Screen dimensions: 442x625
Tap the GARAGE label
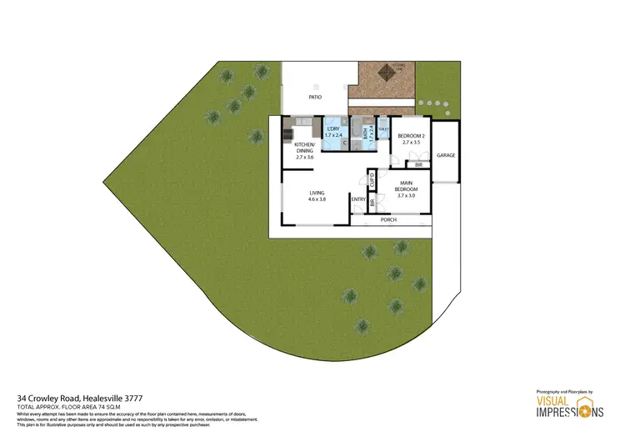pyautogui.click(x=446, y=156)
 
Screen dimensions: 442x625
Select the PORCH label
pyautogui.click(x=388, y=219)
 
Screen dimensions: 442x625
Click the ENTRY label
pyautogui.click(x=358, y=199)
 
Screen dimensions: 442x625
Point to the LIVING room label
pyautogui.click(x=316, y=193)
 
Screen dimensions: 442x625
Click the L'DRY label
pyautogui.click(x=332, y=128)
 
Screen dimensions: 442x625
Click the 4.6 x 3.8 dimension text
pyautogui.click(x=316, y=200)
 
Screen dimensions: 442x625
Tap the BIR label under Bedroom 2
pyautogui.click(x=419, y=165)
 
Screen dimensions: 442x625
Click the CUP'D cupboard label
pyautogui.click(x=372, y=178)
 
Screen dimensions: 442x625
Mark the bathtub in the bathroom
pyautogui.click(x=357, y=132)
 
